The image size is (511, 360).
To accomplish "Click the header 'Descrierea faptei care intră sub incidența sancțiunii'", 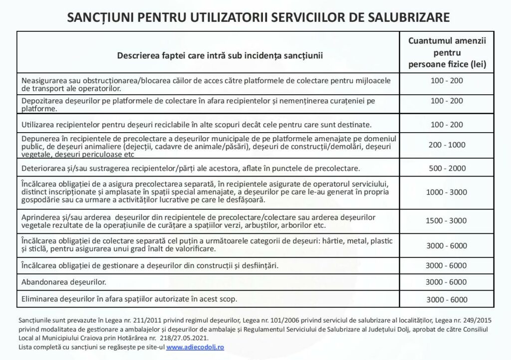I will point(220,55).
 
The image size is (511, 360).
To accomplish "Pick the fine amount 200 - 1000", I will point(447,145).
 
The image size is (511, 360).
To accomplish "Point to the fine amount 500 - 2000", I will point(447,168).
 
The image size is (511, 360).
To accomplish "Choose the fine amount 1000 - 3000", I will point(447,192).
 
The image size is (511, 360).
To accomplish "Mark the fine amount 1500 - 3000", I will point(447,220).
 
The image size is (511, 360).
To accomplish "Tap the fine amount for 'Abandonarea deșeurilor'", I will point(447,282).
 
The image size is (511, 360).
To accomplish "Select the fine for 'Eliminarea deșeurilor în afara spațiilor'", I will point(447,300).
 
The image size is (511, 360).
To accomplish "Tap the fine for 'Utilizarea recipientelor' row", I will point(447,123).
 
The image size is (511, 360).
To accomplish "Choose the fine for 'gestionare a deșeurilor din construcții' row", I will point(447,265).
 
